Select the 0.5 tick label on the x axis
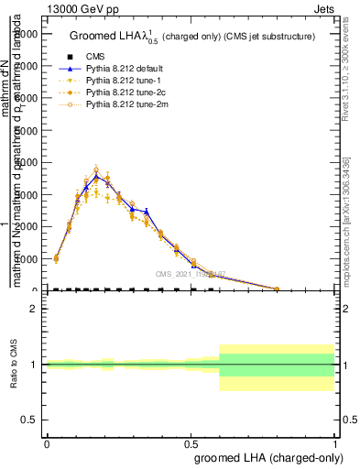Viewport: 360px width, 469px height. point(191,442)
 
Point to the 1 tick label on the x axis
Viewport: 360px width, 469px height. point(335,442)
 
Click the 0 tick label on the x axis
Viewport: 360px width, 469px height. point(47,442)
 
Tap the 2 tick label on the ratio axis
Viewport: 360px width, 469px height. point(33,310)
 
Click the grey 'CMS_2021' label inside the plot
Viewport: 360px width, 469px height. point(191,274)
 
